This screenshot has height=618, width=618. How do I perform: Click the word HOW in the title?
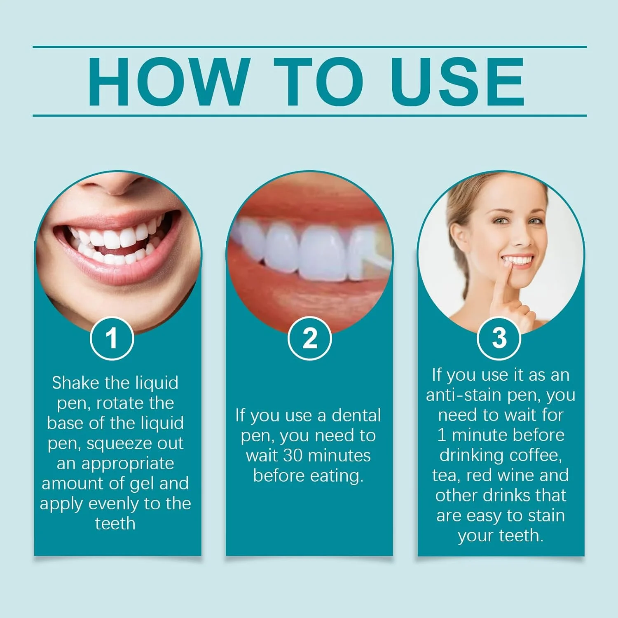(169, 82)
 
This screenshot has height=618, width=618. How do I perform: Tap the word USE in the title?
(458, 82)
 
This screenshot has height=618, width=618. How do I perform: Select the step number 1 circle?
(112, 338)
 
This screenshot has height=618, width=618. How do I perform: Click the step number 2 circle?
(309, 338)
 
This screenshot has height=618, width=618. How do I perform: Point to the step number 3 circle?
(499, 338)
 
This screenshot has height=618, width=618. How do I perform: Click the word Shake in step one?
(75, 383)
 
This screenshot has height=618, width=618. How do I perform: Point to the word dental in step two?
(356, 415)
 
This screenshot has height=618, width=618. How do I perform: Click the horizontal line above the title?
(309, 47)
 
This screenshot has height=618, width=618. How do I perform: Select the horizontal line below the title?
(309, 115)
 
